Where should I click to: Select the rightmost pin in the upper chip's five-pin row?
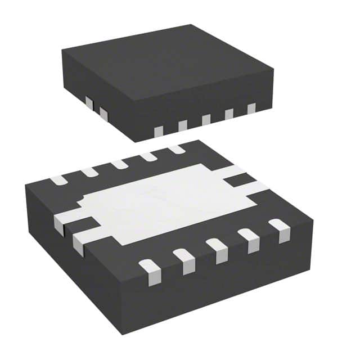[x=251, y=109]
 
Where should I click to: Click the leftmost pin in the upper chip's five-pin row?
[x=159, y=130]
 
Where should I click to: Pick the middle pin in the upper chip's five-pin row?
[x=206, y=119]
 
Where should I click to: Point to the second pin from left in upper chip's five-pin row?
[x=182, y=125]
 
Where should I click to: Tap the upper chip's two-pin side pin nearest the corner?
[x=103, y=114]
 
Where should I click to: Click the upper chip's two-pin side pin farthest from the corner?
[x=89, y=103]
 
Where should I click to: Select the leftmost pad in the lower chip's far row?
[x=58, y=181]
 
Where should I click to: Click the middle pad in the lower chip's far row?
[x=119, y=164]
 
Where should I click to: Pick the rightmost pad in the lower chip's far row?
[x=176, y=149]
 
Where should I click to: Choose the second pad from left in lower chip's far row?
[x=89, y=172]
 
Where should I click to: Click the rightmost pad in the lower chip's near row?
[x=280, y=229]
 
